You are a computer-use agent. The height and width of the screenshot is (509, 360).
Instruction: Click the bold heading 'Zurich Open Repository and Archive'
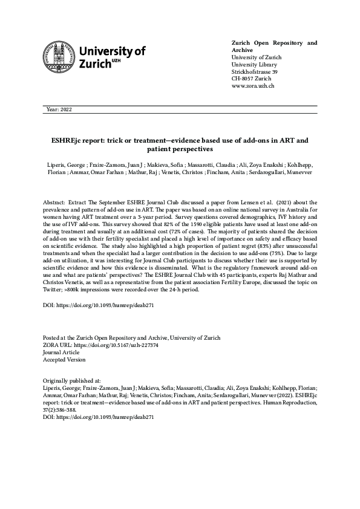274,47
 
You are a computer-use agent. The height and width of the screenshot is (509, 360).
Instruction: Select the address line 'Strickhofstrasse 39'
255,72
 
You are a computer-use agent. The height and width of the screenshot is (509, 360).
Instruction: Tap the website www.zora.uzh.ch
254,86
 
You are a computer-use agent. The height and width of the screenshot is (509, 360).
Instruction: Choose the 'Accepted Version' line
65,359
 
